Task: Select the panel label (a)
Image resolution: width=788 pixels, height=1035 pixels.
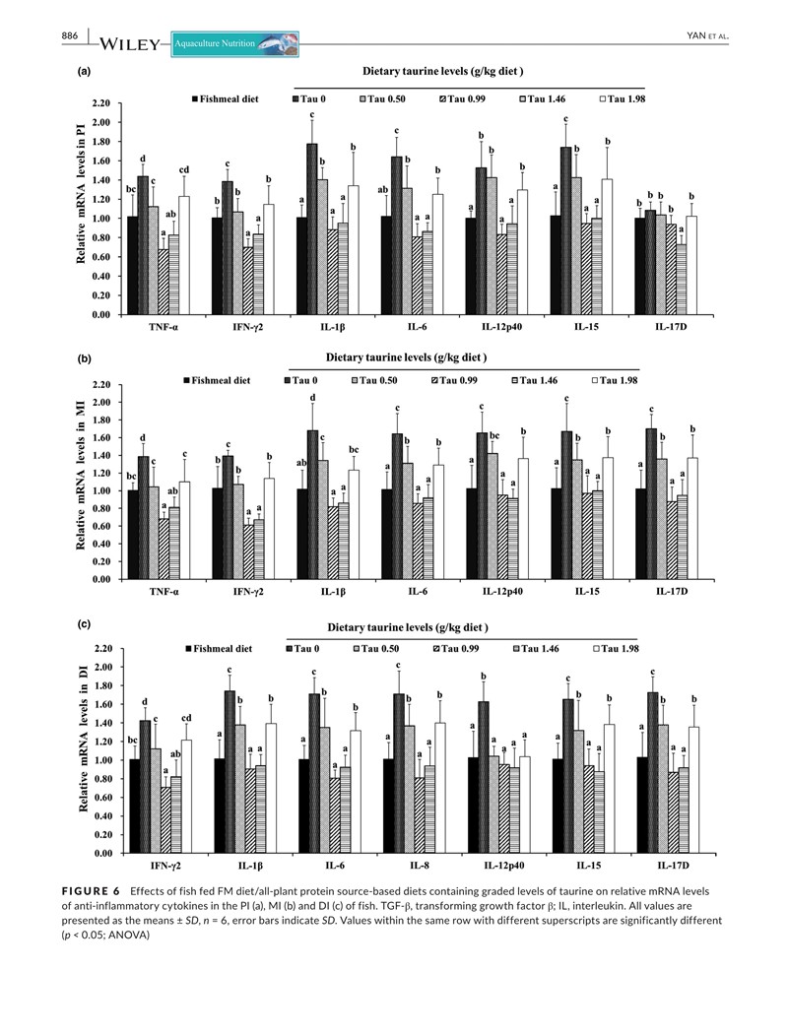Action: [86, 72]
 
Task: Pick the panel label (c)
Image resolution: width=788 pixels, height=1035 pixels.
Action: [86, 624]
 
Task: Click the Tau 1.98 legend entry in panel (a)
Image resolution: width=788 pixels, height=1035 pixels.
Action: [626, 99]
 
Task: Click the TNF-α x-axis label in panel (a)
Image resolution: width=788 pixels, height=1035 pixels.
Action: [159, 333]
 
